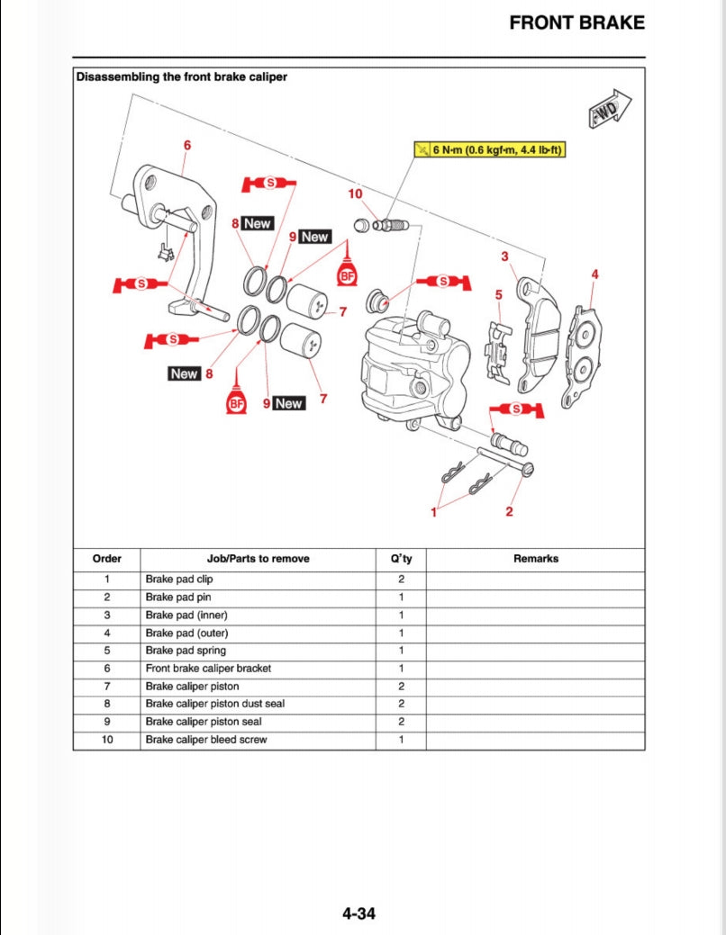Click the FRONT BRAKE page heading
pyautogui.click(x=576, y=23)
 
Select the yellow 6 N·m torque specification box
pyautogui.click(x=489, y=149)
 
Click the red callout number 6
pyautogui.click(x=186, y=145)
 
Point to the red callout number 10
pyautogui.click(x=355, y=193)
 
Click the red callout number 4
pyautogui.click(x=594, y=274)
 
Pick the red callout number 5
pyautogui.click(x=498, y=294)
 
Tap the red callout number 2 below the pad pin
pyautogui.click(x=509, y=512)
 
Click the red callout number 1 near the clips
pyautogui.click(x=433, y=512)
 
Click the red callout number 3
pyautogui.click(x=504, y=257)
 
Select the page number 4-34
pyautogui.click(x=358, y=914)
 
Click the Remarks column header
pyautogui.click(x=536, y=559)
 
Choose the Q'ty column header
pyautogui.click(x=401, y=559)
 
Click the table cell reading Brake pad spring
pyautogui.click(x=186, y=651)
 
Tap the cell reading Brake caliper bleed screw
pyautogui.click(x=206, y=740)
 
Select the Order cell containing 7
pyautogui.click(x=106, y=686)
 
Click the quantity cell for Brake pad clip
pyautogui.click(x=401, y=580)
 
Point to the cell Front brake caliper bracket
pyautogui.click(x=208, y=669)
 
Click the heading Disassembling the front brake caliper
pyautogui.click(x=182, y=77)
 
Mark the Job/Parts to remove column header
pyautogui.click(x=258, y=559)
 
